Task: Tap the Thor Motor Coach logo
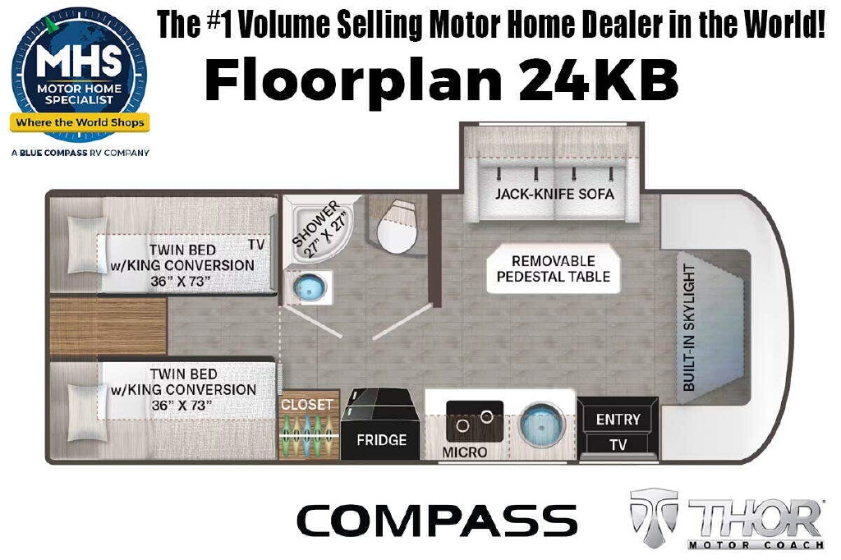click(727, 518)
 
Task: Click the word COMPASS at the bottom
click(437, 521)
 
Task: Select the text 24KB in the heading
click(598, 81)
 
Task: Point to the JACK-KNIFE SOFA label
click(554, 194)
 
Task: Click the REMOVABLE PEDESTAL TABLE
click(554, 269)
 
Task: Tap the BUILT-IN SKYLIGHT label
click(689, 327)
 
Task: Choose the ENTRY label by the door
click(618, 419)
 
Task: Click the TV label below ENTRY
click(618, 445)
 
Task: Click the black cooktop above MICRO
click(475, 421)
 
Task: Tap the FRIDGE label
click(381, 440)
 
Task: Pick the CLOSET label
click(307, 405)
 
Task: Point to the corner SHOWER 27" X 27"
click(320, 229)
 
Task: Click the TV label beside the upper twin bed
click(256, 245)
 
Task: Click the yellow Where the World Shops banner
click(80, 122)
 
